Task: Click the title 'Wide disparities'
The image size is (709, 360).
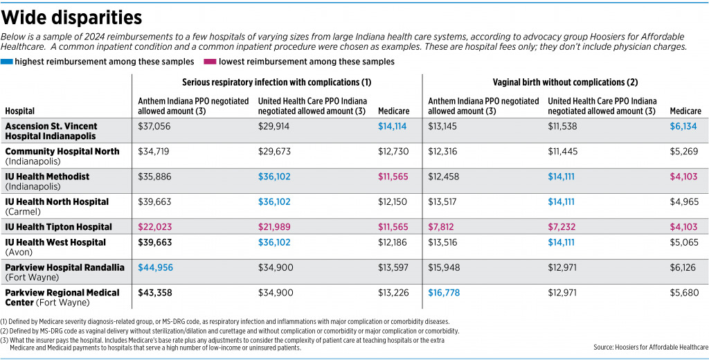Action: tap(72, 18)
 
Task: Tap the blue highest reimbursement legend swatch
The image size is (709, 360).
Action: tap(7, 62)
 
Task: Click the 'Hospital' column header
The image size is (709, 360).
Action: tap(20, 111)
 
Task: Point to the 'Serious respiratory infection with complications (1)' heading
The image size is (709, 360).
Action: tap(277, 82)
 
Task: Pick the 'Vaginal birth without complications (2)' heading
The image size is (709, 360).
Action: tap(565, 82)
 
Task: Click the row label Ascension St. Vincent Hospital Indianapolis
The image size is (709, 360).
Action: tap(51, 131)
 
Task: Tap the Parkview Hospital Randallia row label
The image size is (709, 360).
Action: tap(64, 272)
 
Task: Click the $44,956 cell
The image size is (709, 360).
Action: tap(154, 268)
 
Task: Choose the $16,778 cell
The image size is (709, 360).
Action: tap(444, 293)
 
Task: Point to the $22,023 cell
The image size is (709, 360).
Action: tap(154, 227)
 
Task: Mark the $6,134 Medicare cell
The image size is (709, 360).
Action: tap(683, 127)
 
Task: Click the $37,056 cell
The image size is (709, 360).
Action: tap(154, 127)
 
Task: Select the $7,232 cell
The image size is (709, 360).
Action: tap(561, 227)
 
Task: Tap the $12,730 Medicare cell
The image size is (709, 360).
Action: tap(393, 152)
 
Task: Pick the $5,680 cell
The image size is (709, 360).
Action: tap(683, 293)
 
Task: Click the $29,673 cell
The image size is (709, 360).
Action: tap(274, 152)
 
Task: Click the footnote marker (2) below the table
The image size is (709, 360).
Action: tap(4, 331)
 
